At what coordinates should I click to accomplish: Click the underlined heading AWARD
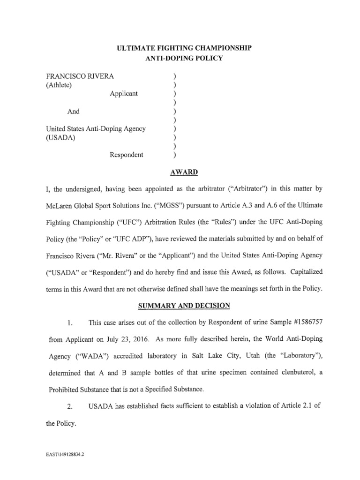[x=185, y=172]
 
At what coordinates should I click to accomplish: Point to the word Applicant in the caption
[x=124, y=93]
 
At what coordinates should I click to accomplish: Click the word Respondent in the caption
[x=127, y=155]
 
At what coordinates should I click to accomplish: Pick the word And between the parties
[x=73, y=112]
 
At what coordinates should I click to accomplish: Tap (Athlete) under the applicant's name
[x=59, y=84]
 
